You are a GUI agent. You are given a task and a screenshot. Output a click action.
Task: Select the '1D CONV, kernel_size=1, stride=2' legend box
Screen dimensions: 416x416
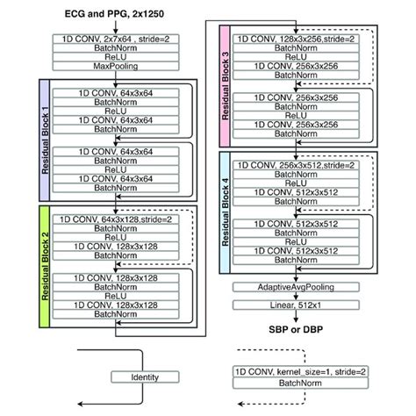pos(298,374)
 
